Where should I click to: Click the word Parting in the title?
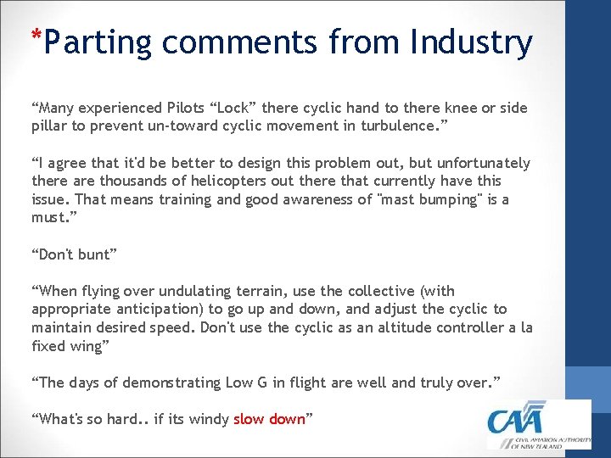pyautogui.click(x=97, y=42)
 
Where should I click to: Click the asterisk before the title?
pyautogui.click(x=35, y=36)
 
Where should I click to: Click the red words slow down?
pyautogui.click(x=268, y=419)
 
